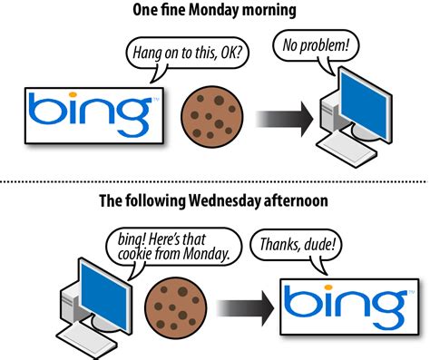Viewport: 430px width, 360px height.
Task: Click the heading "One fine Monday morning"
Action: pos(215,10)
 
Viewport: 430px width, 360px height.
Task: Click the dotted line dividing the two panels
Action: pos(215,180)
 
